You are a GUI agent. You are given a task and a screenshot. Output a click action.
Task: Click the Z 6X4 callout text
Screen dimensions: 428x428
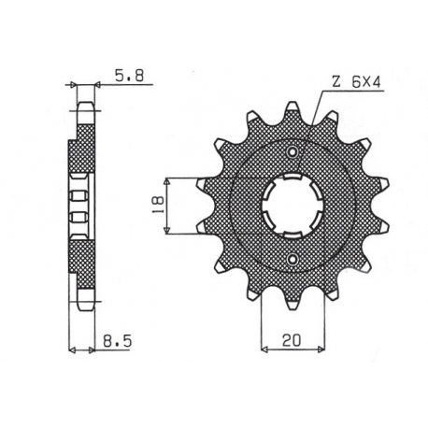click(x=350, y=81)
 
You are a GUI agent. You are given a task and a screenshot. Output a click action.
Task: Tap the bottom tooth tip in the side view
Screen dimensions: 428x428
click(x=86, y=304)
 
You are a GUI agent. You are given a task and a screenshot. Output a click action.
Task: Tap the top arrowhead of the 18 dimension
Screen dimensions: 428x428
click(x=169, y=179)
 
